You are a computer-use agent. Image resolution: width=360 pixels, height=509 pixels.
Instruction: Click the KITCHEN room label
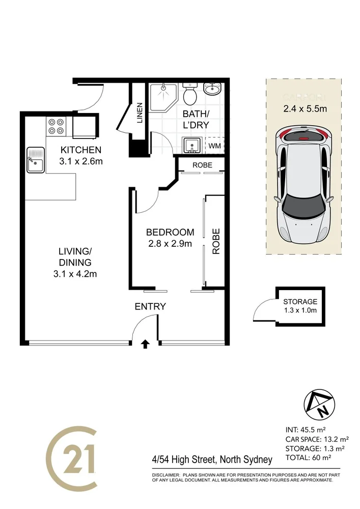coord(81,150)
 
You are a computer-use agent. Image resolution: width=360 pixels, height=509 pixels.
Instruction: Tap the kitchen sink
coord(35,160)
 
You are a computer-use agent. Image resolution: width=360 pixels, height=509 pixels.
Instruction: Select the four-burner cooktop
coord(57,126)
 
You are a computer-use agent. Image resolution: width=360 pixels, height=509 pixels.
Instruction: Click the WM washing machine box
coord(214,146)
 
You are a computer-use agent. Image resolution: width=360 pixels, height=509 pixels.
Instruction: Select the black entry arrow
coord(145,344)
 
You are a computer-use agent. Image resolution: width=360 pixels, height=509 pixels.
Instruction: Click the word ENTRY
coord(150,306)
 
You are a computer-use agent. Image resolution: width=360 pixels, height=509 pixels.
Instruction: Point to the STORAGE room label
coord(300,302)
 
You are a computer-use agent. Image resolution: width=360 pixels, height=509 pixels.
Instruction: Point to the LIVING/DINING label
coord(74,257)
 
